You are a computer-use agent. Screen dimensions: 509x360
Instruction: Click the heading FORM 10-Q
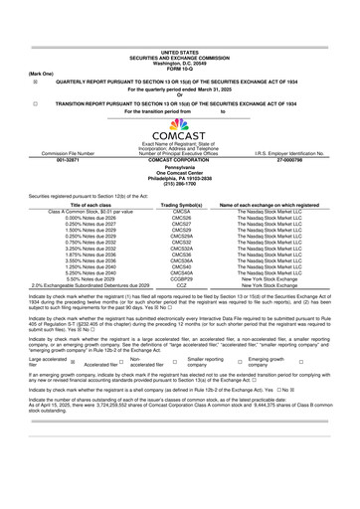tap(179, 66)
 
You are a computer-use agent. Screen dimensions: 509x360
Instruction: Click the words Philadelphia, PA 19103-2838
tap(179, 179)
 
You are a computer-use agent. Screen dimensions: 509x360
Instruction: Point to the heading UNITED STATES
tap(179, 51)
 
